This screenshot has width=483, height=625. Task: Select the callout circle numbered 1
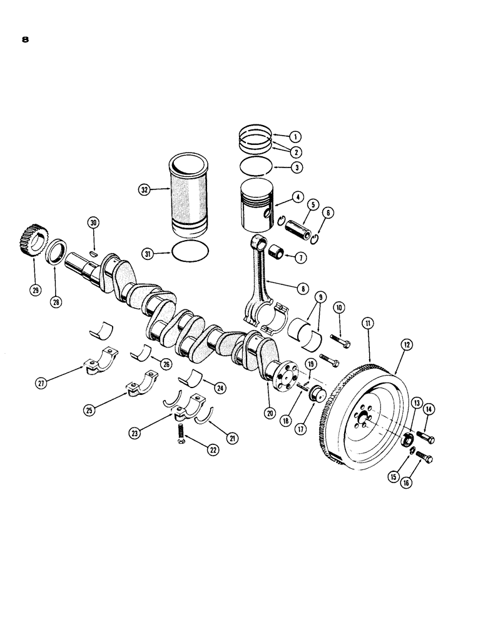[296, 137]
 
